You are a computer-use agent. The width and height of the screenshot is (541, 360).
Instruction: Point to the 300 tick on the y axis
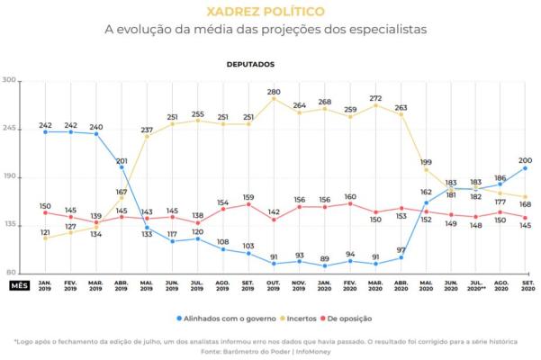[11, 80]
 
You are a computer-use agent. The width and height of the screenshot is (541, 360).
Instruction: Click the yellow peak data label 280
[274, 91]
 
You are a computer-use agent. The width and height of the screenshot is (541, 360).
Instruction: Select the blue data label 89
[324, 258]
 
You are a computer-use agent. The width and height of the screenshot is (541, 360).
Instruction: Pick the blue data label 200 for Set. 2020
[525, 157]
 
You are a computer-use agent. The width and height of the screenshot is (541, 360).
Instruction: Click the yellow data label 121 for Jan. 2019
[45, 231]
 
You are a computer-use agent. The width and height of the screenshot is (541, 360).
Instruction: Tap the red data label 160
[350, 196]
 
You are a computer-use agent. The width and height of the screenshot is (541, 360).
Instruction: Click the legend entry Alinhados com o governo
[226, 319]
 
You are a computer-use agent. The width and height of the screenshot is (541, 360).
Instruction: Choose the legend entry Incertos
[300, 319]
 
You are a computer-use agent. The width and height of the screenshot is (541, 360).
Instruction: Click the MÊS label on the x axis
[20, 285]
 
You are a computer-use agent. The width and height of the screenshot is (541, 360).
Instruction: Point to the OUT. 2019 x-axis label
[274, 285]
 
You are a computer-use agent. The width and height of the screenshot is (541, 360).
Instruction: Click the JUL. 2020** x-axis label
[475, 285]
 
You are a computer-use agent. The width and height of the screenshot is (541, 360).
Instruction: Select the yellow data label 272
[375, 97]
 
